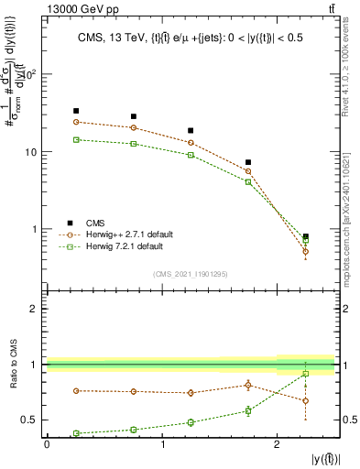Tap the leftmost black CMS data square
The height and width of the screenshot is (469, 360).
click(76, 111)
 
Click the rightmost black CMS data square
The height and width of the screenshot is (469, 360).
click(306, 236)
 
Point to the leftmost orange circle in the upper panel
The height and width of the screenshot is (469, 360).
click(76, 122)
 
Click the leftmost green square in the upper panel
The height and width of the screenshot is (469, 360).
click(76, 139)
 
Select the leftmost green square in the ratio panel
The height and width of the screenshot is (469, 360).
click(76, 433)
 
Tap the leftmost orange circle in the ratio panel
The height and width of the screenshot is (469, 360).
click(76, 390)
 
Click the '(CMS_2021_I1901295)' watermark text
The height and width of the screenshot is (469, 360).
click(191, 274)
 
